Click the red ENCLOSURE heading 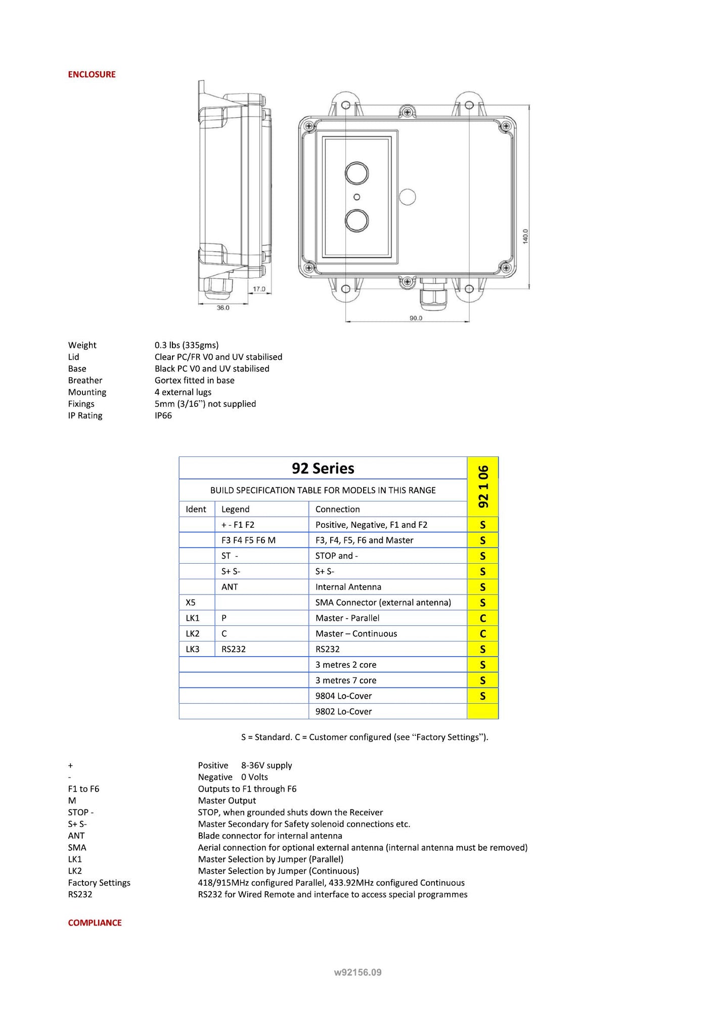pos(92,74)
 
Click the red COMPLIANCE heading pos(95,923)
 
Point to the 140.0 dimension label pos(525,236)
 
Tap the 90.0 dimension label pos(416,318)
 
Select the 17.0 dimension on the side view pos(259,289)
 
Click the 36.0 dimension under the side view pos(223,307)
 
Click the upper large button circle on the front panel pos(356,173)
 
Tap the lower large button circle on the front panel pos(356,221)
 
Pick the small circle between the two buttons pos(356,197)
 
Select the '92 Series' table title pos(323,468)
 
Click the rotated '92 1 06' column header pos(483,486)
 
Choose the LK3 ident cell pos(193,649)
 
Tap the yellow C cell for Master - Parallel pos(482,618)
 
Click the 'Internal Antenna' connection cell pos(348,587)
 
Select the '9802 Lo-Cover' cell pos(343,711)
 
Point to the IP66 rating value pos(163,416)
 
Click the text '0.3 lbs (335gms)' pos(187,345)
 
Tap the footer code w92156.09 pos(357,972)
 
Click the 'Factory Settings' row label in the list pos(99,883)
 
